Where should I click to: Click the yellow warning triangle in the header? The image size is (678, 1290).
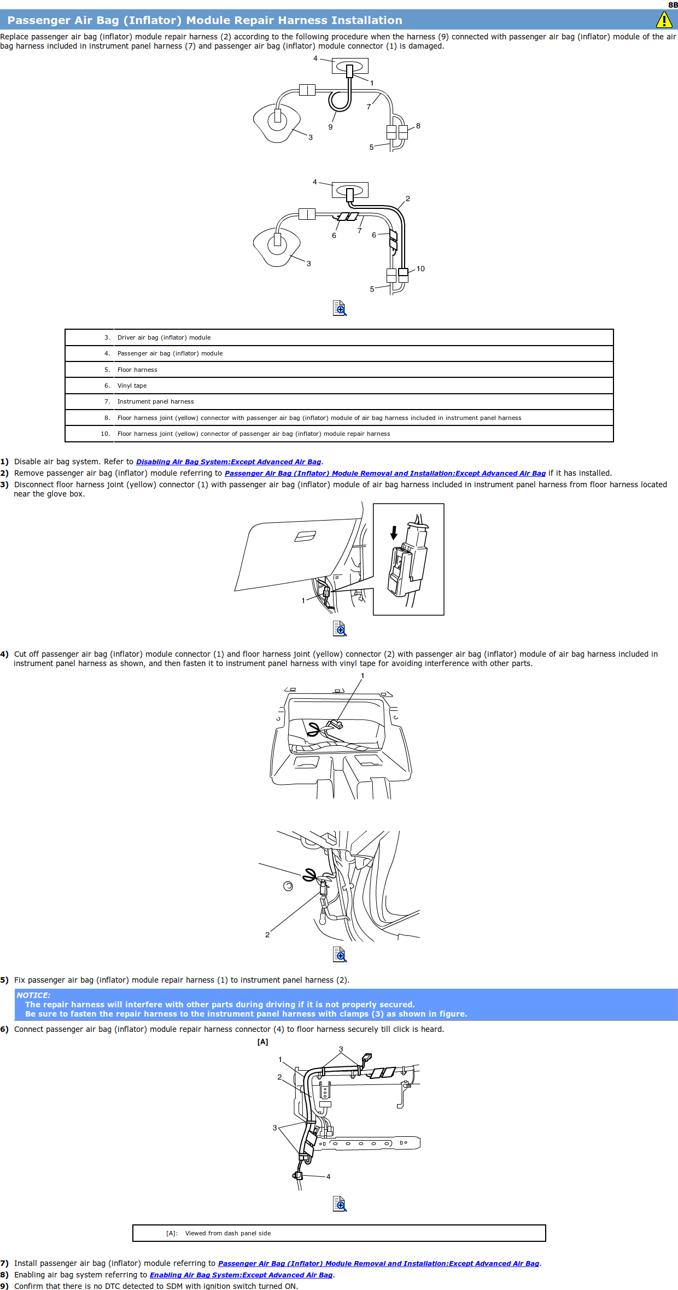(664, 20)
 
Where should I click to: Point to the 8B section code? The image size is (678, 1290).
(673, 5)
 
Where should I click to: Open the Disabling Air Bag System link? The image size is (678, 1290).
(229, 462)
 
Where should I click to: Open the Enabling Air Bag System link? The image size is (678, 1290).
(241, 1275)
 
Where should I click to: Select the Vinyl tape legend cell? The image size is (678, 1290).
(132, 386)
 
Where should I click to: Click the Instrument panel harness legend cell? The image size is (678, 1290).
(156, 401)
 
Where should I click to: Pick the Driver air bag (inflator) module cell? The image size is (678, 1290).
(164, 337)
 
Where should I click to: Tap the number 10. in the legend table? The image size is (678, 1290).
(105, 434)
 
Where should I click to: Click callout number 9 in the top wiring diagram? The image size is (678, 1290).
(330, 127)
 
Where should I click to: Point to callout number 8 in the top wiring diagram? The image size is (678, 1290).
(418, 126)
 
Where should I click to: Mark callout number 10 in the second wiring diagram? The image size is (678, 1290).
(420, 268)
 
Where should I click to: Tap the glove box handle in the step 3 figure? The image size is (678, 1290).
(305, 536)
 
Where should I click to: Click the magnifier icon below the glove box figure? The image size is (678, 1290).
(340, 628)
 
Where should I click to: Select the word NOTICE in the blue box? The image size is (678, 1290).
(33, 995)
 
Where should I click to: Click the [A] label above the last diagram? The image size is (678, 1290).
(263, 1042)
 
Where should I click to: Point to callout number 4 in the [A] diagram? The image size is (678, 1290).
(328, 1176)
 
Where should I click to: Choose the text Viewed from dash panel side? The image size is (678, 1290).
(228, 1233)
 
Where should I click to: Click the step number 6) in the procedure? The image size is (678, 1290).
(4, 1029)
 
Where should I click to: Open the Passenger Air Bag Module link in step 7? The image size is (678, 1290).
(378, 1263)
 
